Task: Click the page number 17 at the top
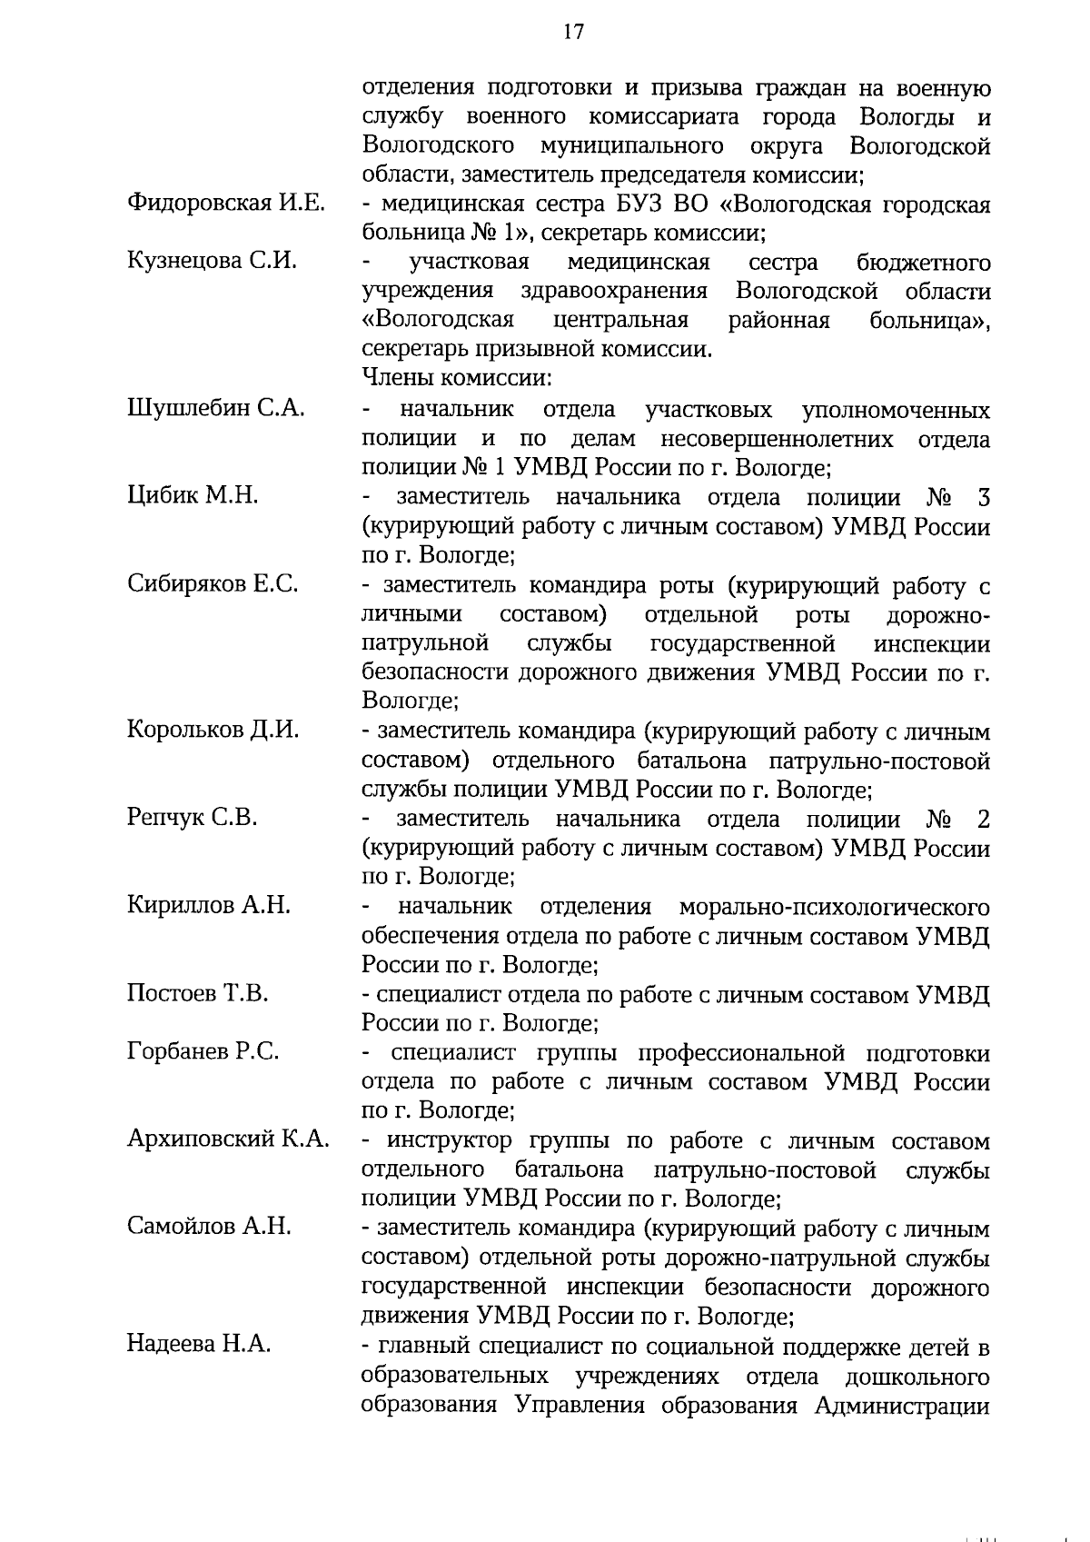tap(573, 32)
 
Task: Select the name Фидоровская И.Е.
tap(226, 203)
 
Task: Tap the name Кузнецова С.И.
tap(213, 261)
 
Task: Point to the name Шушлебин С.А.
tap(216, 408)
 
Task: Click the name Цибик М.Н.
tap(193, 495)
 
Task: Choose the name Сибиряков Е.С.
tap(213, 583)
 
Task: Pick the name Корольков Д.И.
tap(213, 730)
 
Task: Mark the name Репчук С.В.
tap(193, 817)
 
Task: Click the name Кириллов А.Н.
tap(209, 905)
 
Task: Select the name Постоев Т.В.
tap(197, 992)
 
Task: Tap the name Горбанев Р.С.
tap(203, 1051)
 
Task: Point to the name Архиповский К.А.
tap(228, 1139)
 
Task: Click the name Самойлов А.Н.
tap(209, 1227)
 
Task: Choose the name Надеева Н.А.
tap(199, 1343)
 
